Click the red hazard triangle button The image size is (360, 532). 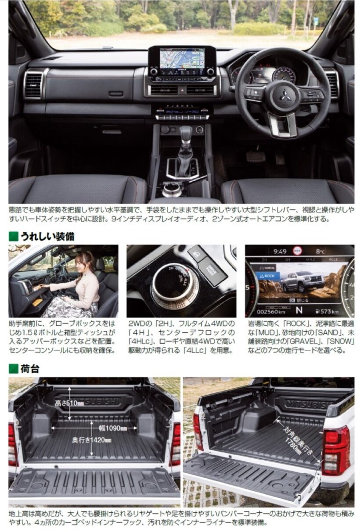pos(182,90)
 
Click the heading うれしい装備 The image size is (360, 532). pos(47,237)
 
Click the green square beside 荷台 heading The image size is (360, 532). pos(13,368)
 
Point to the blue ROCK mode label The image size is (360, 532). pos(269,276)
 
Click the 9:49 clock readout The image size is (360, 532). pos(280,251)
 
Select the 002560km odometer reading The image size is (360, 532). pos(271,312)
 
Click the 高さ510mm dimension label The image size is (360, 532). pos(69,403)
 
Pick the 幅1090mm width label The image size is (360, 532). pos(113,428)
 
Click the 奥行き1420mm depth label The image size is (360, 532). pos(92,440)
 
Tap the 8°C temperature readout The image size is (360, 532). pos(320,251)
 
